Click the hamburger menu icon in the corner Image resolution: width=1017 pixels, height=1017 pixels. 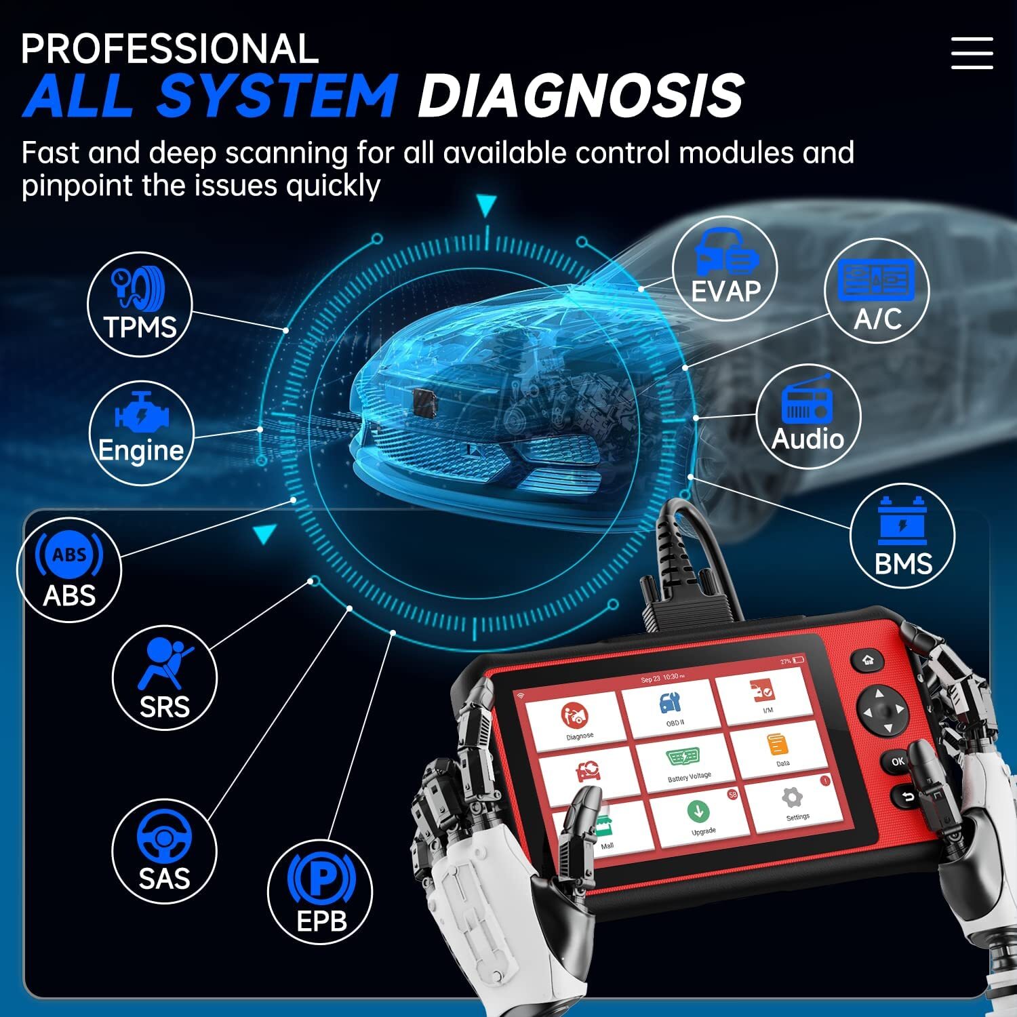point(972,53)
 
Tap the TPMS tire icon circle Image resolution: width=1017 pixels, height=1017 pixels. point(140,304)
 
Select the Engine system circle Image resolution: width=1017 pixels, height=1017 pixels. point(141,433)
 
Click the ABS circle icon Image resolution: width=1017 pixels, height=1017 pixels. point(69,570)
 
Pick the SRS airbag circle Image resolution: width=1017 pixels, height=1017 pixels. point(164,678)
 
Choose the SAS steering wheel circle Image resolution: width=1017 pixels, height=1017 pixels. point(164,852)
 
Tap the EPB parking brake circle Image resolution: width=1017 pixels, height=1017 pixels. point(321,891)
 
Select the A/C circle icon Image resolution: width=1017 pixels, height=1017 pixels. point(877,291)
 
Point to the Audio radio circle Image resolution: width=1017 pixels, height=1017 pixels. point(807,417)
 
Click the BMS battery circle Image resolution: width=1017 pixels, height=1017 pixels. point(902,536)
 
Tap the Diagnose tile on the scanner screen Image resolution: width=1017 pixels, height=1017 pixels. point(577,720)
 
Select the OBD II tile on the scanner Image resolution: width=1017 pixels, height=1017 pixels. point(671,708)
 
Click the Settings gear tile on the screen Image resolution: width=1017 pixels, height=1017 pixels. point(793,803)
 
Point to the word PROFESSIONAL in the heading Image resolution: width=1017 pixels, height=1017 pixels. point(169,49)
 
